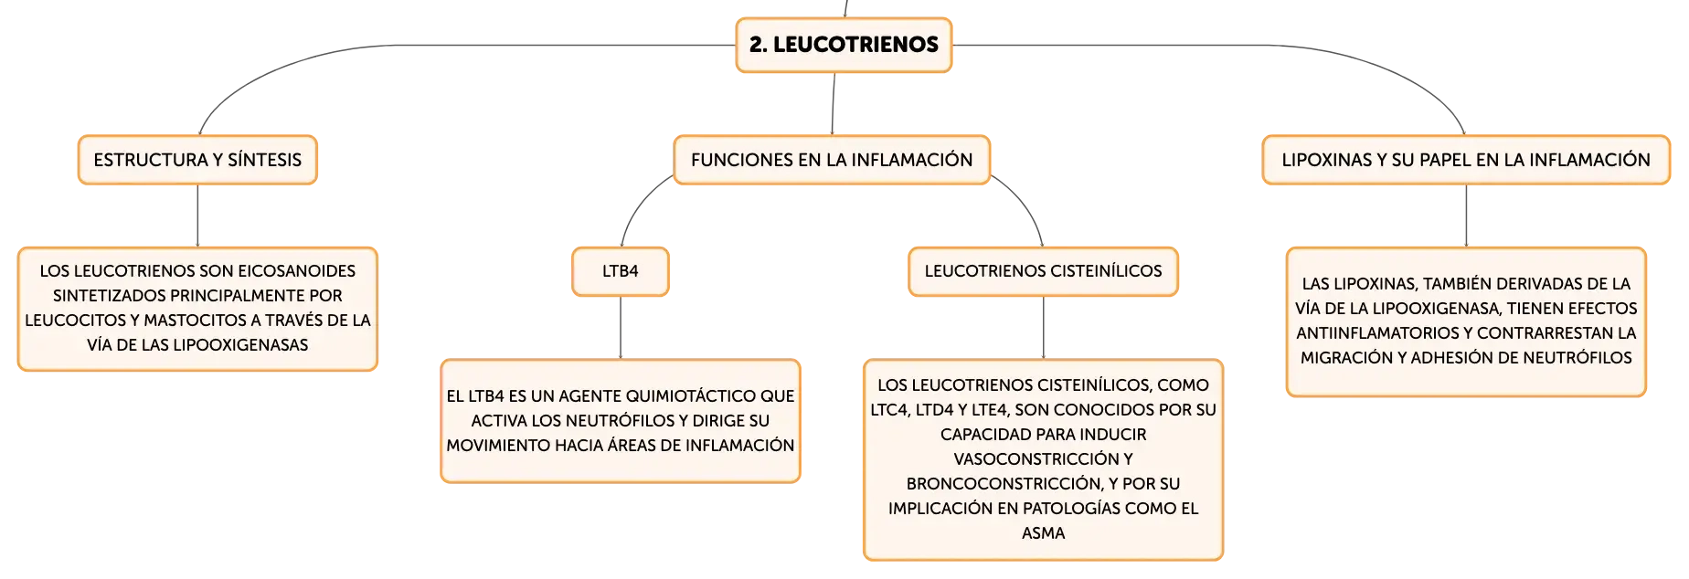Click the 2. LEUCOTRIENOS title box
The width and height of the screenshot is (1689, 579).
[844, 45]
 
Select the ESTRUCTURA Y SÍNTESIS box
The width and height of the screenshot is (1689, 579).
[197, 160]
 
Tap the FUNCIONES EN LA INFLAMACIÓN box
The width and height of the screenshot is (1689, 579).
[832, 160]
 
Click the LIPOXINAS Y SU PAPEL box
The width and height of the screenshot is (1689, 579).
[1466, 160]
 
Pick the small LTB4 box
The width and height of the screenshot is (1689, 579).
[621, 271]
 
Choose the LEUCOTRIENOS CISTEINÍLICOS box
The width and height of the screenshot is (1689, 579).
[1043, 271]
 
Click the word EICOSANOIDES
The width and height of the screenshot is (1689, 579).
[297, 271]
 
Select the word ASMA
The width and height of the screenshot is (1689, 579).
[1043, 533]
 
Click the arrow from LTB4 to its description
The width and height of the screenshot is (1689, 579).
[621, 328]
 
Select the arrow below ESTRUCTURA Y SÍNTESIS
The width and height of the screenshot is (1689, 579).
[197, 216]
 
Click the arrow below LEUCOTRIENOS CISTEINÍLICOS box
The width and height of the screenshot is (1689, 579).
[1043, 328]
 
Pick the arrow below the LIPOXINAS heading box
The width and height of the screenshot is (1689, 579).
[1466, 216]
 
